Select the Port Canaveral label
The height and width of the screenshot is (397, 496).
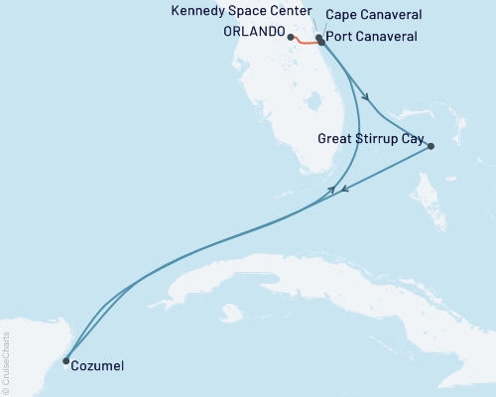point(370,37)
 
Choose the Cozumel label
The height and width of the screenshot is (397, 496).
point(99,367)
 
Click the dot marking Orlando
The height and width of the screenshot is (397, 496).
point(291,38)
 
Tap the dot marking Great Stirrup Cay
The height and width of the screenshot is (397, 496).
point(431,147)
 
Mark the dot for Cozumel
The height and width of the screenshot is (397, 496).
point(65,361)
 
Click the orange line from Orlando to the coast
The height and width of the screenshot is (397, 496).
point(305,43)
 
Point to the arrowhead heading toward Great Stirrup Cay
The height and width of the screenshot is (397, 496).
point(367,97)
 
